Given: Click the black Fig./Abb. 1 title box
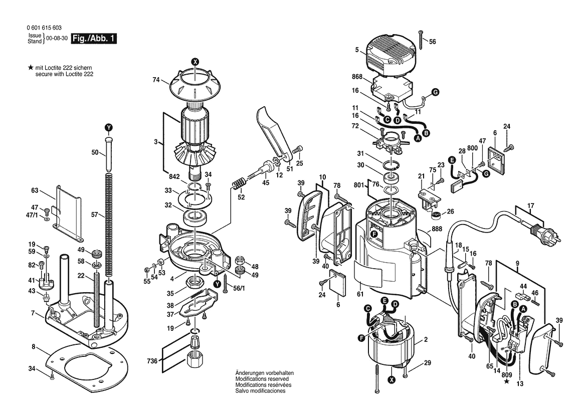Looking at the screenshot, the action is pyautogui.click(x=94, y=39).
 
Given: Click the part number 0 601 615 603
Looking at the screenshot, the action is pyautogui.click(x=44, y=28).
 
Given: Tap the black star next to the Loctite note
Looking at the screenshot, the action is pyautogui.click(x=30, y=68).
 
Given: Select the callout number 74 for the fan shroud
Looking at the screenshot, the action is pyautogui.click(x=156, y=79).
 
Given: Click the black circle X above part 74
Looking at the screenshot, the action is pyautogui.click(x=195, y=62).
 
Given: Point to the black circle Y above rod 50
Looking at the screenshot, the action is pyautogui.click(x=108, y=127).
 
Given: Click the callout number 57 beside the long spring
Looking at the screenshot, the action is pyautogui.click(x=95, y=215).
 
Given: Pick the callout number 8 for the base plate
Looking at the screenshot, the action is pyautogui.click(x=33, y=347).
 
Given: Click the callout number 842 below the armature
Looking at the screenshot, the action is pyautogui.click(x=174, y=177).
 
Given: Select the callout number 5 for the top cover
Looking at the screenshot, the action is pyautogui.click(x=357, y=50).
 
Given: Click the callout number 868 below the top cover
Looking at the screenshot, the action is pyautogui.click(x=357, y=77).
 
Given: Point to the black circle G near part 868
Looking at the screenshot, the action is pyautogui.click(x=436, y=92).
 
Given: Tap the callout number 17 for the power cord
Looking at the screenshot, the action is pyautogui.click(x=531, y=205).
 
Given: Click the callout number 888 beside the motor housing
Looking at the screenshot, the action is pyautogui.click(x=437, y=229).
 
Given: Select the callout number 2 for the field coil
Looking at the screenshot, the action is pyautogui.click(x=426, y=340).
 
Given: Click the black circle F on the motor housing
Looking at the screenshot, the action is pyautogui.click(x=374, y=235).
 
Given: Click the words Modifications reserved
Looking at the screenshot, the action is pyautogui.click(x=262, y=379).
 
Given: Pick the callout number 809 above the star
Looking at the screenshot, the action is pyautogui.click(x=507, y=375).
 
